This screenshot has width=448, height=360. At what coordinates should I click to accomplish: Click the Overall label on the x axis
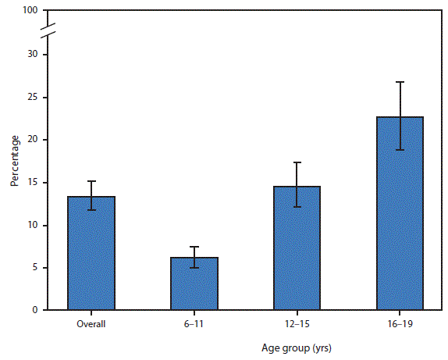91,323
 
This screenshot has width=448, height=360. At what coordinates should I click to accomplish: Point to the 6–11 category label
194,323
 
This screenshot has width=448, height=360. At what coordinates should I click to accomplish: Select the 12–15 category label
297,323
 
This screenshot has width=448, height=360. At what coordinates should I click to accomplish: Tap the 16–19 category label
400,323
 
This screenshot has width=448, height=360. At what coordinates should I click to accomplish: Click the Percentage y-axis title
15,162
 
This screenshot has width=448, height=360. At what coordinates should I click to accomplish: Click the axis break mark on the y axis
46,33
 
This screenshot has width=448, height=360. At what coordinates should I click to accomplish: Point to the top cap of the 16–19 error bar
400,82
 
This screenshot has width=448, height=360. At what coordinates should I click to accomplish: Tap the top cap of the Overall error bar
91,181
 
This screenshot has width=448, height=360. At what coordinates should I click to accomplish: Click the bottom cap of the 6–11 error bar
194,268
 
